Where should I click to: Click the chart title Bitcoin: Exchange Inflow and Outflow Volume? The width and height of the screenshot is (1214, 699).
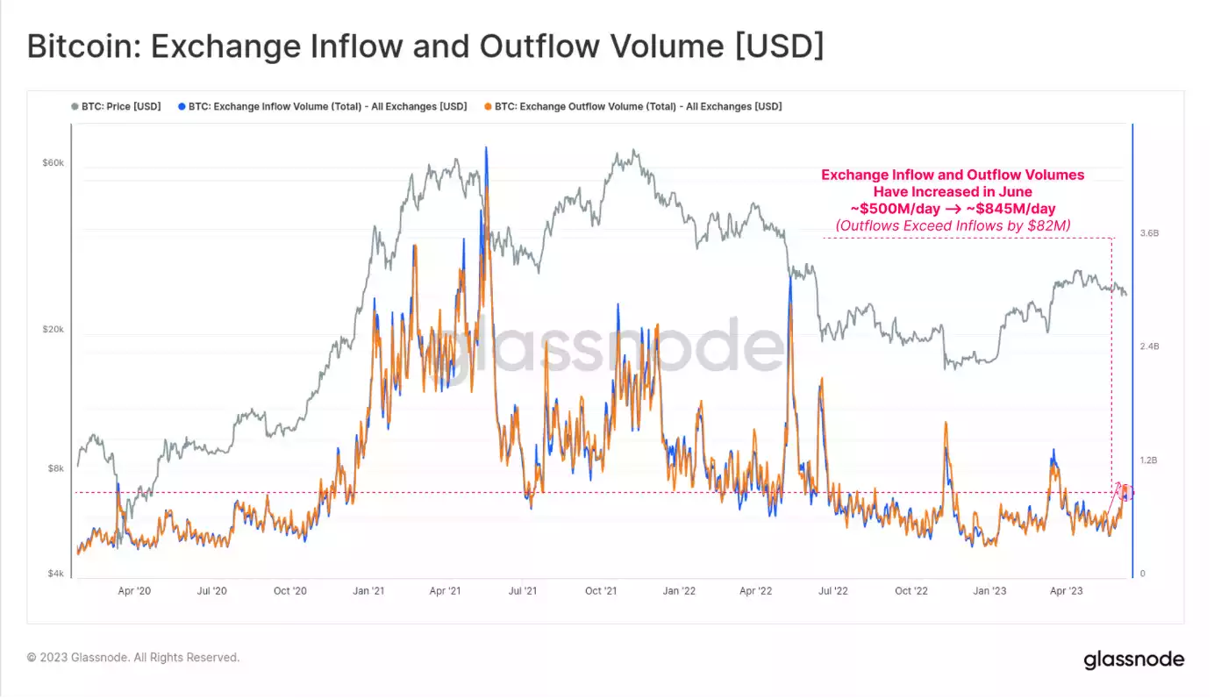tap(425, 46)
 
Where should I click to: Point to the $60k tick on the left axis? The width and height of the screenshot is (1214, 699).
tap(53, 163)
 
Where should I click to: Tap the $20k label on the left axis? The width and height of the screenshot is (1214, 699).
tap(53, 330)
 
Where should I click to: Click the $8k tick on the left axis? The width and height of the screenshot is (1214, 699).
tap(54, 468)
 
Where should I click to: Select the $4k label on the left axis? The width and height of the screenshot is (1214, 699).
tap(54, 574)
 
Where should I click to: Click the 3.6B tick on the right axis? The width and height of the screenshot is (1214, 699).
tap(1150, 234)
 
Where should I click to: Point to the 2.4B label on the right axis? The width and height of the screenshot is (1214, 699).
tap(1150, 347)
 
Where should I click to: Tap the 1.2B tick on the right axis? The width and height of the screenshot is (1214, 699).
tap(1150, 460)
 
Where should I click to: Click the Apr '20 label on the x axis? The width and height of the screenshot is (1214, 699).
tap(134, 591)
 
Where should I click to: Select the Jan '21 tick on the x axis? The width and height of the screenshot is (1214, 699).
tap(368, 591)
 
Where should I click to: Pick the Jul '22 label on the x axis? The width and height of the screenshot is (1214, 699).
tap(832, 591)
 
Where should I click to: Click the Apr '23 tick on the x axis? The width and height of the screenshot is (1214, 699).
tap(1066, 591)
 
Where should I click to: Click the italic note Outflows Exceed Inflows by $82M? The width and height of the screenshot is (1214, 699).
tap(953, 226)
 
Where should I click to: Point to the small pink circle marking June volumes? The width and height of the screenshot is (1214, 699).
tap(1126, 493)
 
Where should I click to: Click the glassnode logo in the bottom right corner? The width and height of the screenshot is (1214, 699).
tap(1133, 659)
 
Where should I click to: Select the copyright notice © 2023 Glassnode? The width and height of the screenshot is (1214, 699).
tap(132, 657)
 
